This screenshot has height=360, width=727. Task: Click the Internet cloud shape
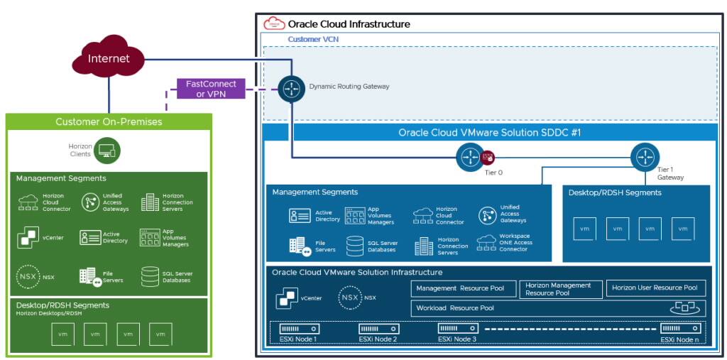[109, 58]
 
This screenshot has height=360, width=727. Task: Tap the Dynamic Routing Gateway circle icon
[290, 89]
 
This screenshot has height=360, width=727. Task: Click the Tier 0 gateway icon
[469, 157]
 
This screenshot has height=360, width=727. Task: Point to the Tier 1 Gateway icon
[645, 156]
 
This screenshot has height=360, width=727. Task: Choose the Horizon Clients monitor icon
[107, 150]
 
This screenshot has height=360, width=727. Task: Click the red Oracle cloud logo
[274, 23]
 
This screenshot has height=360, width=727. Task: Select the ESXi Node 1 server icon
[299, 329]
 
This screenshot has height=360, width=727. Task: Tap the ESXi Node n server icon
[680, 329]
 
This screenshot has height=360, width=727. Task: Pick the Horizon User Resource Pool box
[655, 288]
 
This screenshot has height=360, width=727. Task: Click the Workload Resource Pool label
[455, 308]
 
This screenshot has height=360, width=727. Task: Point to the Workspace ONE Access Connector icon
[487, 243]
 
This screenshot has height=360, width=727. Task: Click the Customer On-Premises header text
[109, 121]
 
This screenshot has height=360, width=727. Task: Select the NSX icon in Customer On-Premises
[28, 276]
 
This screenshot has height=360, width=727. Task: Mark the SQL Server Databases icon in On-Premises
[150, 276]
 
